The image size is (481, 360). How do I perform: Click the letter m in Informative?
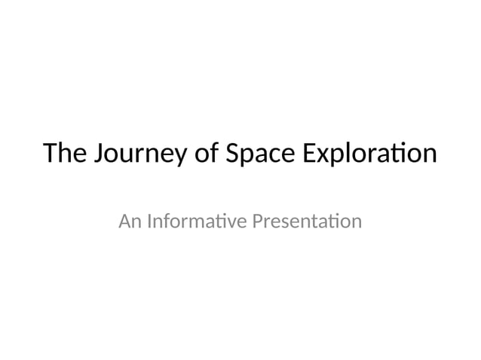196,224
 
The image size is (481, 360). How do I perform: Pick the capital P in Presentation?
256,222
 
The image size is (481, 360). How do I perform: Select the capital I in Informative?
149,222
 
